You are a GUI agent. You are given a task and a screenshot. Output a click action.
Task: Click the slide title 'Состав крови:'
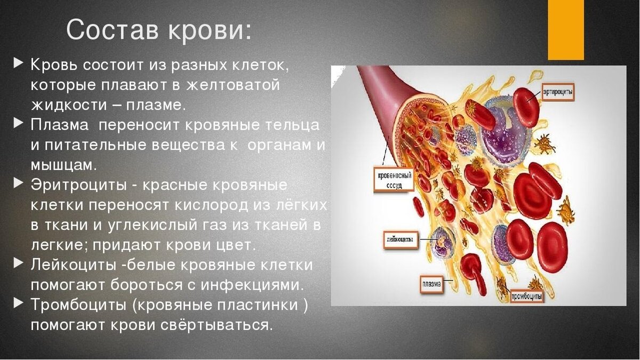pyautogui.click(x=158, y=30)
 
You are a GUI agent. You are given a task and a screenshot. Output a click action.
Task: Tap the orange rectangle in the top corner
pyautogui.click(x=565, y=29)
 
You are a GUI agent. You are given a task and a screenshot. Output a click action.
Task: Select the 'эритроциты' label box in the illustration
pyautogui.click(x=558, y=92)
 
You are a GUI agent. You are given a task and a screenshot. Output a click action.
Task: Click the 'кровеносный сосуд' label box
pyautogui.click(x=387, y=180)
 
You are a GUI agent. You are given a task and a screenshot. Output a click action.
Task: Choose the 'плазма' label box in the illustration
pyautogui.click(x=431, y=284)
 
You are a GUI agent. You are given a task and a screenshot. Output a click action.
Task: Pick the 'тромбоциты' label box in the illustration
pyautogui.click(x=527, y=295)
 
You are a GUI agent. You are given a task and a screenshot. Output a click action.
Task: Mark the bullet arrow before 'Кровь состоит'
pyautogui.click(x=19, y=63)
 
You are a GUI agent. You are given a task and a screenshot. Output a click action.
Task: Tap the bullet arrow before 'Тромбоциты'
pyautogui.click(x=19, y=304)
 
